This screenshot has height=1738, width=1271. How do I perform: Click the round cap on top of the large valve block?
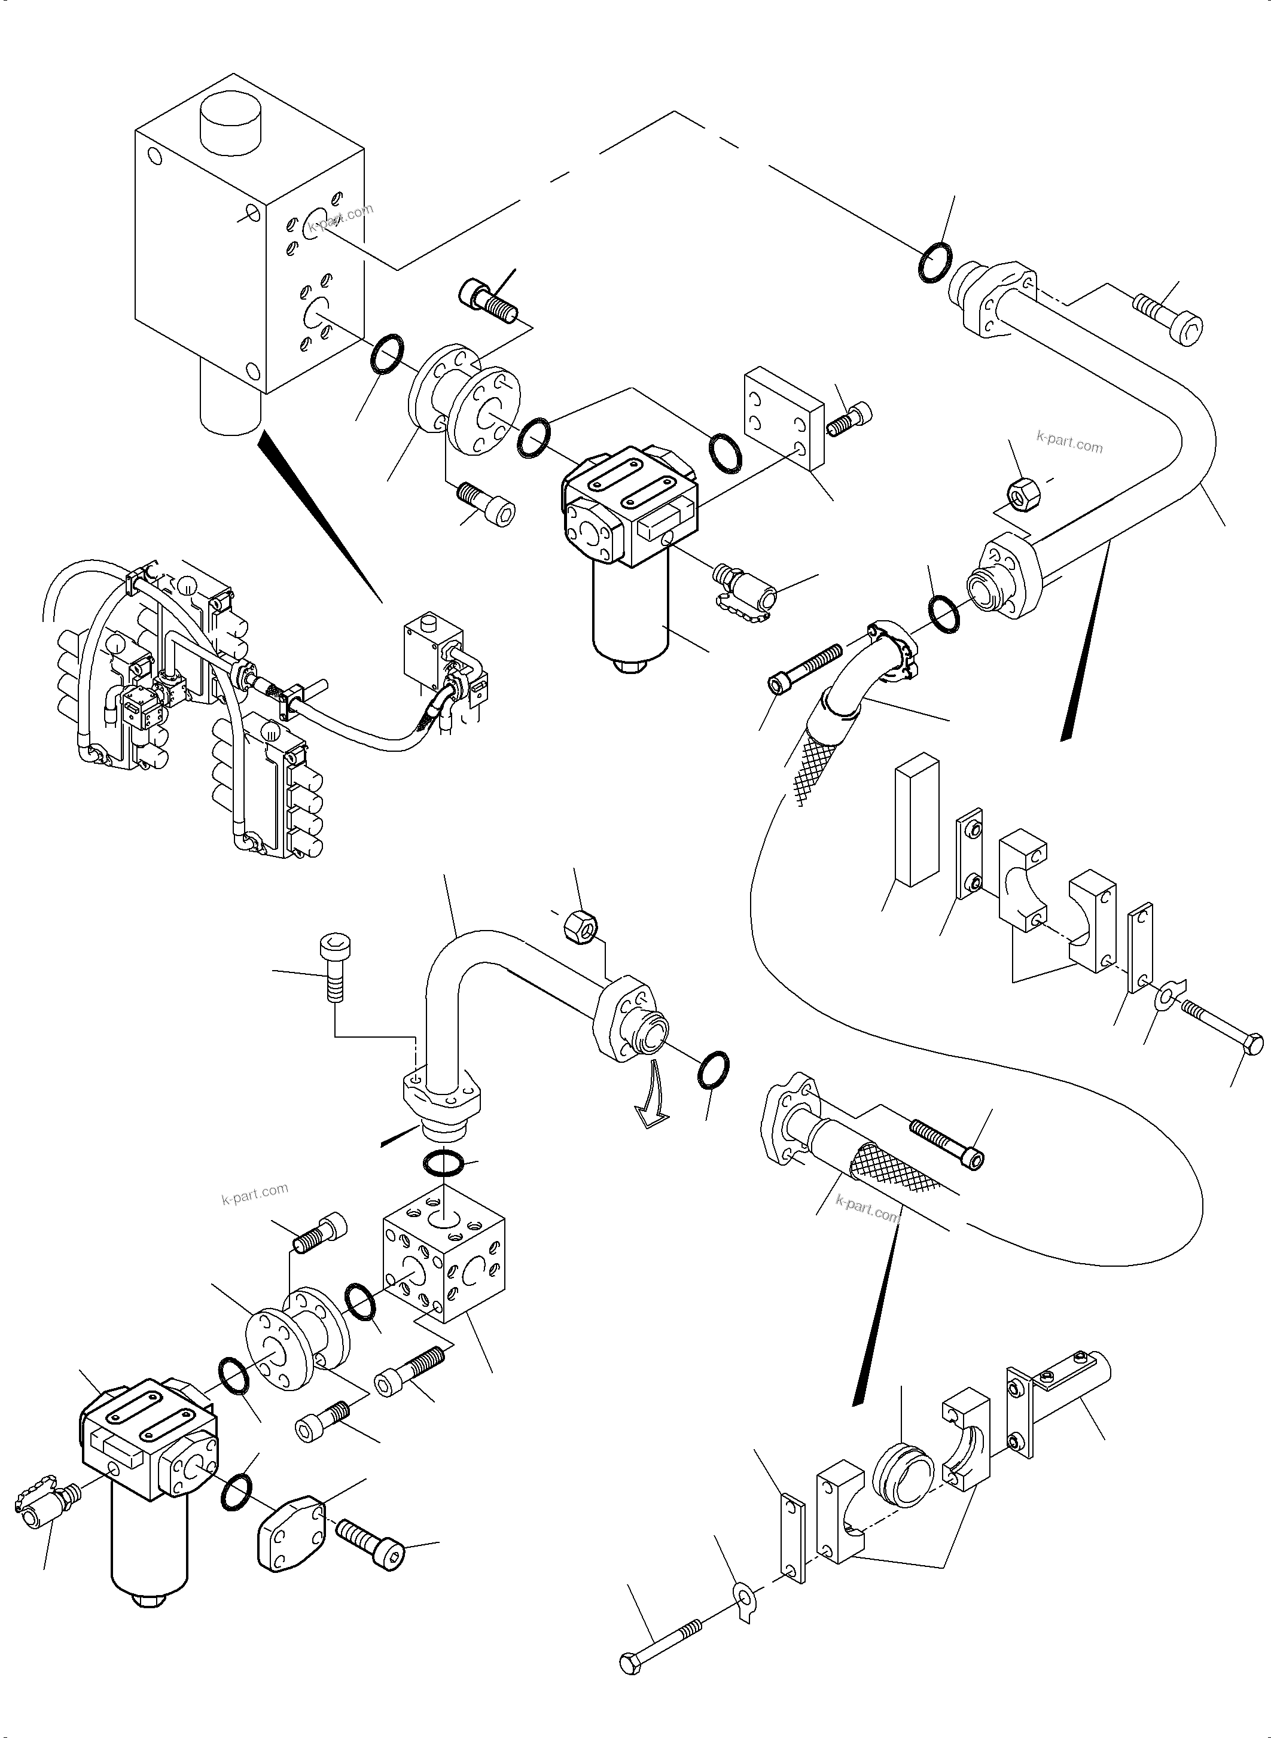point(231,123)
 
